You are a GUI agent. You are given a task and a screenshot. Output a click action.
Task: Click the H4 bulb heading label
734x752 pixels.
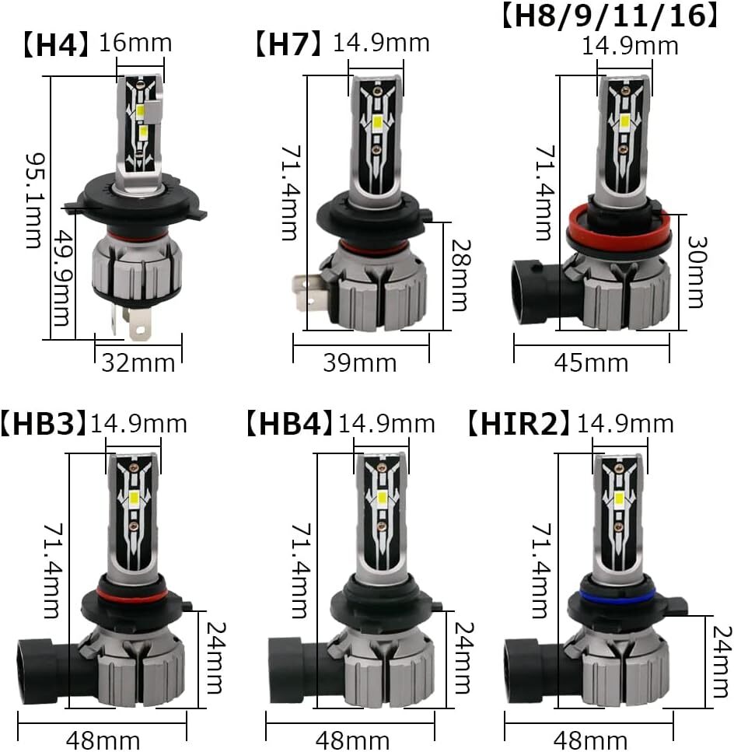[x=56, y=44]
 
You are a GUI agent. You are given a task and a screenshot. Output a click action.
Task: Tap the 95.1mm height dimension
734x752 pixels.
[x=34, y=201]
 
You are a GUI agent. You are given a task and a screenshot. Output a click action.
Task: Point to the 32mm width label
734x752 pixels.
[x=138, y=363]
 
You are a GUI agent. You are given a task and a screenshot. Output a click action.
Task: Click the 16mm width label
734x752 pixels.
[x=135, y=44]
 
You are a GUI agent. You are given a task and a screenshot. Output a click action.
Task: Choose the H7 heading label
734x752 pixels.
[x=288, y=44]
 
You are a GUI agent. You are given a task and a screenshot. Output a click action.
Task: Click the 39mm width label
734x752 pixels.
[x=359, y=363]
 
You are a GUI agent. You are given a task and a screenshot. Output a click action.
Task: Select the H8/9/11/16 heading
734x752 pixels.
[x=610, y=15]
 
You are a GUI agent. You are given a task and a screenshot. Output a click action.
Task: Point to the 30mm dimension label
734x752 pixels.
[x=696, y=272]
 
